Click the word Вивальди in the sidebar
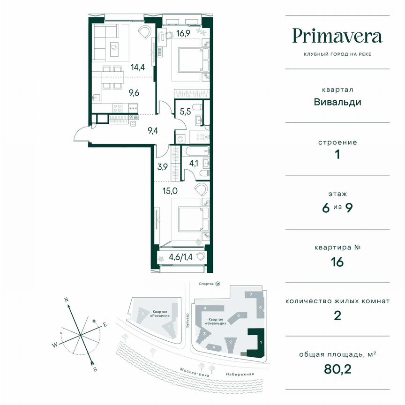click(337, 102)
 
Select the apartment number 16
click(337, 262)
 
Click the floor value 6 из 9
click(337, 208)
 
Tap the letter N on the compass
click(67, 300)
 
